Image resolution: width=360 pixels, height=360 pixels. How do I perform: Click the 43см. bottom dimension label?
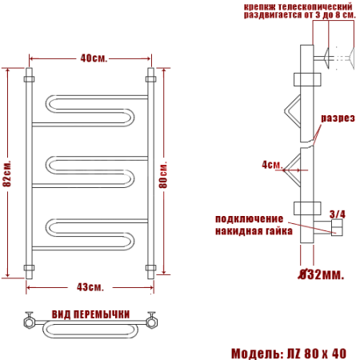pos(90,286)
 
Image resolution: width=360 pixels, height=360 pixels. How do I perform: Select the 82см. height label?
pos(7,173)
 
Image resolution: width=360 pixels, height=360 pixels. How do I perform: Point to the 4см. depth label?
pos(272,165)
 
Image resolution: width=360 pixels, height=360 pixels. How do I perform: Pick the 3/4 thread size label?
pos(338,214)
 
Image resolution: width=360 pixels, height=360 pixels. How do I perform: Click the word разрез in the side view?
pos(338,118)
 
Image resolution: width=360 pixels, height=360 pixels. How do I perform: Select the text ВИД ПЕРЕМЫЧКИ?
pos(90,313)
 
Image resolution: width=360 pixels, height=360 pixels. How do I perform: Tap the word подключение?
pos(249,218)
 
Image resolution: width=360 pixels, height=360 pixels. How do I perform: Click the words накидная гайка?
pos(249,230)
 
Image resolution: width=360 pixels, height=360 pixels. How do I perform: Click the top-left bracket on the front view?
pos(30,79)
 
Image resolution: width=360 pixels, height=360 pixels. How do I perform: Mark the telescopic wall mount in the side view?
pos(330,57)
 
